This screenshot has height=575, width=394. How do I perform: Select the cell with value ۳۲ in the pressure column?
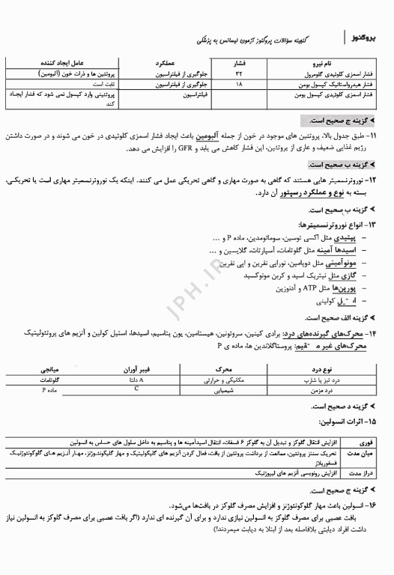[240, 76]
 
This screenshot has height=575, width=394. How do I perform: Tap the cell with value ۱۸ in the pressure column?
[240, 86]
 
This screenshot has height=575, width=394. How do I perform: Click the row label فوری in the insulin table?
[369, 443]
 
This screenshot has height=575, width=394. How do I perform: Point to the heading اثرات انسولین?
[357, 424]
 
